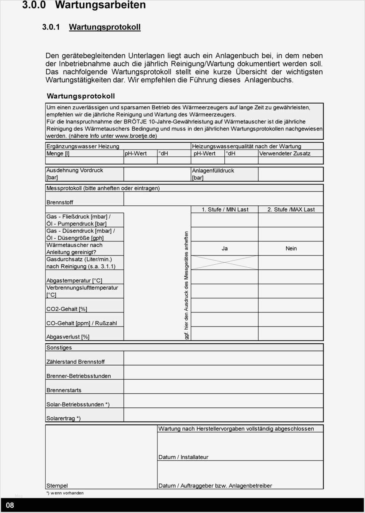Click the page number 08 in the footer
pos(10,505)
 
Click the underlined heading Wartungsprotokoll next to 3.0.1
pos(105,27)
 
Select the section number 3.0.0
pos(34,5)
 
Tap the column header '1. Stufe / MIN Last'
pos(225,210)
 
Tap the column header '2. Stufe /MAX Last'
pos(291,210)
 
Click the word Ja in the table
pos(225,248)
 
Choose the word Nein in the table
pos(291,248)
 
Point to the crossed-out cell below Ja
pos(224,262)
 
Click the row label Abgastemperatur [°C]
pos(74,281)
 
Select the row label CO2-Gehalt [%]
pos(67,309)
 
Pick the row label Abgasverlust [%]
pos(68,337)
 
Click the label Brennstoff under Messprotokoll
pos(60,202)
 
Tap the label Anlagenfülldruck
pos(213,170)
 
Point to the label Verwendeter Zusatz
pos(285,153)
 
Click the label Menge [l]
pos(58,153)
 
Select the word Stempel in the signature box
pos(57,486)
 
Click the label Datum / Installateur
pos(183,457)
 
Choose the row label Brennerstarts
pos(64,390)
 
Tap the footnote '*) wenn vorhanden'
pos(65,493)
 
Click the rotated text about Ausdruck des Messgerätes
pos(186,285)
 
